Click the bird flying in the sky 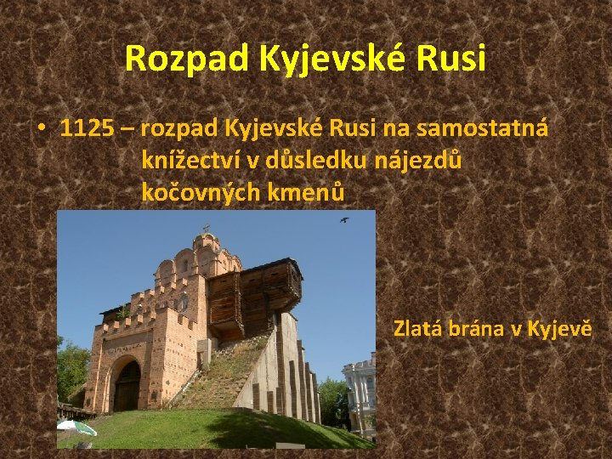click(343, 220)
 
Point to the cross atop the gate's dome click(205, 228)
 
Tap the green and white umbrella click(76, 428)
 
